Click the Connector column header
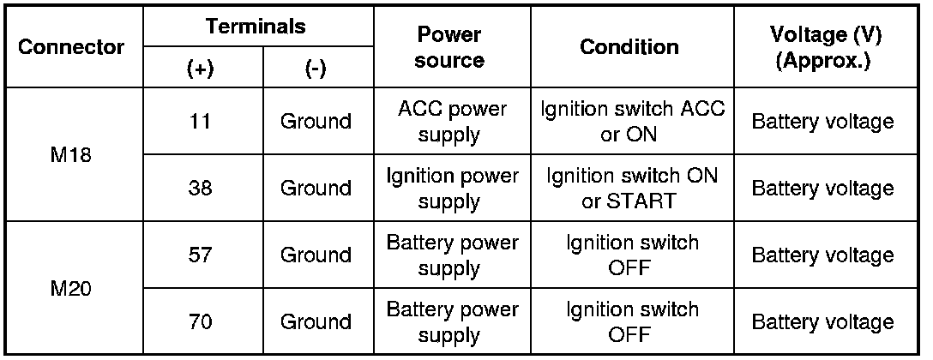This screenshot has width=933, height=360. coord(73,46)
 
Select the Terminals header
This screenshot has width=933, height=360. coord(256,26)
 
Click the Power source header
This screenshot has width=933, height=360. coord(451,48)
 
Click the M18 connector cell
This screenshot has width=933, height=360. coord(73,154)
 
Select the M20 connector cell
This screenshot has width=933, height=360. coord(73,288)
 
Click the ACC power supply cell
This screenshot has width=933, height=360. coord(452,121)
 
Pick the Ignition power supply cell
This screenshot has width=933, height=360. coord(452,188)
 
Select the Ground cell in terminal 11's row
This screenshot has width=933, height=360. coord(316,121)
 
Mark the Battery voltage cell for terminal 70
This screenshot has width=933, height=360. coord(822,321)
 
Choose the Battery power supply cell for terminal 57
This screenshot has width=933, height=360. coord(452,255)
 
